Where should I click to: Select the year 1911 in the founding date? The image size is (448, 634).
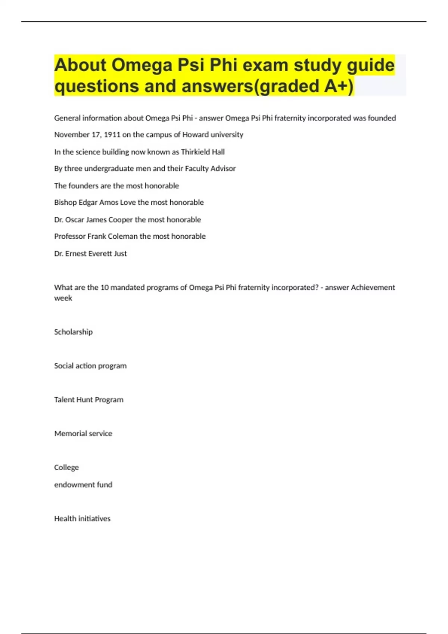(x=112, y=135)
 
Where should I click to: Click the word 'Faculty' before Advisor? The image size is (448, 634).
(x=197, y=169)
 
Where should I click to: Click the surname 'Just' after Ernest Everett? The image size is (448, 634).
(x=120, y=254)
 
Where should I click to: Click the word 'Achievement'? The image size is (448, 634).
(x=373, y=288)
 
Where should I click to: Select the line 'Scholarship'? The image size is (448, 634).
(x=73, y=332)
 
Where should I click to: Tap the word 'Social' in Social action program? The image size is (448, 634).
(x=64, y=366)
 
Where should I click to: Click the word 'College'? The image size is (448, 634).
(x=66, y=468)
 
